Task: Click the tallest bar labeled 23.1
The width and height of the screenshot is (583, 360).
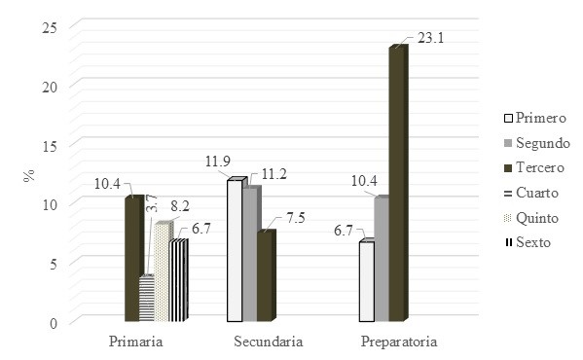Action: (396, 185)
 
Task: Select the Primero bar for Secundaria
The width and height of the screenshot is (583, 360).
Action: (235, 251)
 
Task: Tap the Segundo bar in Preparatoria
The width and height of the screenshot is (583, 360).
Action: (382, 261)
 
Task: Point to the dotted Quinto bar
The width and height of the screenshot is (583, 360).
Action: (162, 272)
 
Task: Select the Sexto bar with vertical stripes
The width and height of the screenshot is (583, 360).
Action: (178, 281)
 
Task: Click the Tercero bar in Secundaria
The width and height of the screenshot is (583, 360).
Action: (266, 276)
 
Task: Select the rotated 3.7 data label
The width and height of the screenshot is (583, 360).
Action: (150, 202)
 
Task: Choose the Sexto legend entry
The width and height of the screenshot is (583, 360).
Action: (533, 242)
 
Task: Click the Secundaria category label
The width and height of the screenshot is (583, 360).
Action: (269, 342)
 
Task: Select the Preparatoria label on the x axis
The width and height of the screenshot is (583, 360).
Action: (399, 342)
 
